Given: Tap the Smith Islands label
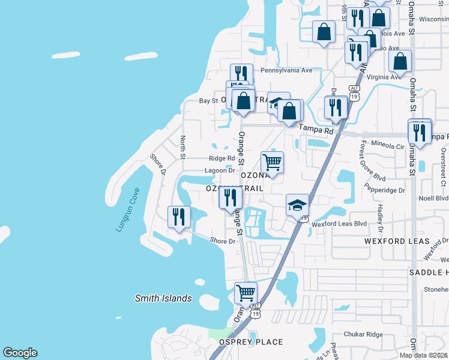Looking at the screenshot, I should coord(163,298).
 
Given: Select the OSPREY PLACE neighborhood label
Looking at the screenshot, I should coord(251,342).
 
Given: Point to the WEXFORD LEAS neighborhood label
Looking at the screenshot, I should coord(397,241).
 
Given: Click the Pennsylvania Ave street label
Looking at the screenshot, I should coord(286,70).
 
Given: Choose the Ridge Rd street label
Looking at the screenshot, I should coord(221,158).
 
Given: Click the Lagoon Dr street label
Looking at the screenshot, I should coord(219,170).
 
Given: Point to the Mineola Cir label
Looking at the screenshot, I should coord(388,146).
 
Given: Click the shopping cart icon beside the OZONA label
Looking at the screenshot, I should coord(273,162).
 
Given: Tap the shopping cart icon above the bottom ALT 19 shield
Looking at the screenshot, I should coord(246,293).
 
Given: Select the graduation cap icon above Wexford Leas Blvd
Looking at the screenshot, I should coord(297,205).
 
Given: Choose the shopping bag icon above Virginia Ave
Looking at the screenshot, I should coord(400,61).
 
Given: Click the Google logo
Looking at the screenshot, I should coord(20,353).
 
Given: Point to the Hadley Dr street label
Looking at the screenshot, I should coord(380,217).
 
